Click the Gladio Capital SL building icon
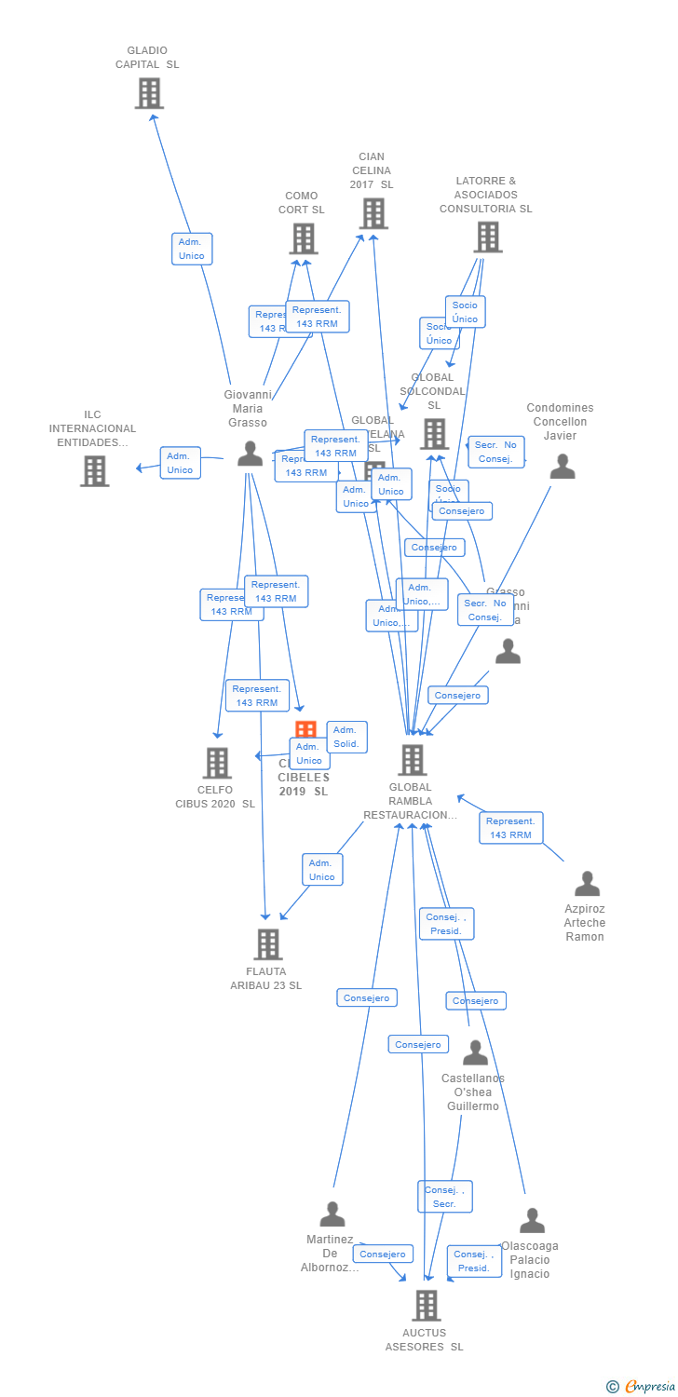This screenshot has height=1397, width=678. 149,93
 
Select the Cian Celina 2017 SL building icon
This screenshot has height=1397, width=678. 373,213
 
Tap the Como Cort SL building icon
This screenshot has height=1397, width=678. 303,238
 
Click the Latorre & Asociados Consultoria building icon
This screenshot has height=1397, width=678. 487,237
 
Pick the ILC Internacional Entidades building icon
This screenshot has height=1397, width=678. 94,470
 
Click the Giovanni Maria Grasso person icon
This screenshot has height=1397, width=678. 250,454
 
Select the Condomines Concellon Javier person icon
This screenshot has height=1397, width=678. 562,467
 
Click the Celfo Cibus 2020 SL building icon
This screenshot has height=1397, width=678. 217,763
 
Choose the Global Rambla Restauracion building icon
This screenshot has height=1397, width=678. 412,760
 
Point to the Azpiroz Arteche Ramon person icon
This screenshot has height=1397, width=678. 587,883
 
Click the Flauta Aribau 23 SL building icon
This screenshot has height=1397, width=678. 267,943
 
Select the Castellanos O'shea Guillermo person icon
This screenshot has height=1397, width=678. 475,1052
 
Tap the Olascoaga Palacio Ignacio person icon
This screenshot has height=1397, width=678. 532,1220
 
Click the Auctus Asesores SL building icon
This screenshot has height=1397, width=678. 426,1305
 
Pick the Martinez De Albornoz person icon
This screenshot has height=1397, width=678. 332,1214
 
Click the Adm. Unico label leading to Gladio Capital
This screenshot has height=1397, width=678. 192,249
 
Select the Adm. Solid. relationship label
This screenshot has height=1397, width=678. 346,737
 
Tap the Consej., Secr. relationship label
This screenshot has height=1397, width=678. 444,1197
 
